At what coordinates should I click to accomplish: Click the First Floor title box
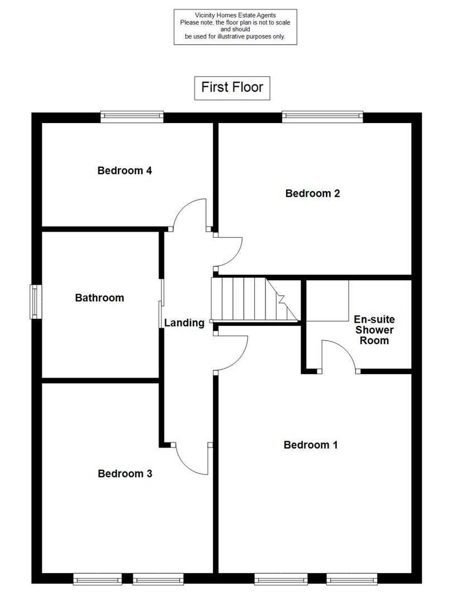(x=232, y=88)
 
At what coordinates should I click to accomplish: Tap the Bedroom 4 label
(x=125, y=171)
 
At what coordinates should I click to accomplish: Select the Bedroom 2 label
(x=312, y=194)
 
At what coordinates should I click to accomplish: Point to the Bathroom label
(x=99, y=298)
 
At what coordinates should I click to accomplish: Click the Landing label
(x=184, y=323)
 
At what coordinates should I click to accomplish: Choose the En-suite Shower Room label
(x=374, y=330)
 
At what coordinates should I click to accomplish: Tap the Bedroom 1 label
(x=311, y=445)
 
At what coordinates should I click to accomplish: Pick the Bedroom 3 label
(x=125, y=474)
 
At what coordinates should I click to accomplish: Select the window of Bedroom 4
(x=132, y=117)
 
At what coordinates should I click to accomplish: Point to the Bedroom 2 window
(x=322, y=117)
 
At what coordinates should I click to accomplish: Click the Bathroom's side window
(x=36, y=302)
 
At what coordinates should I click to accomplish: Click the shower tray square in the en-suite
(x=329, y=301)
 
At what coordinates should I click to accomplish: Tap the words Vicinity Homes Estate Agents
(x=235, y=15)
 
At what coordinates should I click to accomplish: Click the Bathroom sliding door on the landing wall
(x=161, y=302)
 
